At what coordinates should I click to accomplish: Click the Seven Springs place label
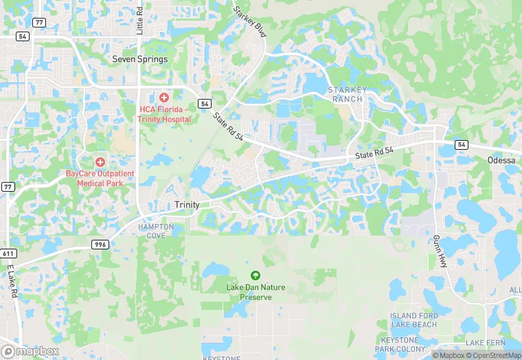click(x=139, y=60)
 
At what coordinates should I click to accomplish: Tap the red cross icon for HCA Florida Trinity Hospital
click(x=163, y=98)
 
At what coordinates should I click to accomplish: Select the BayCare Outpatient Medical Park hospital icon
click(x=100, y=162)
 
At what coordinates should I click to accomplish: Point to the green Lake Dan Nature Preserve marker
click(x=256, y=275)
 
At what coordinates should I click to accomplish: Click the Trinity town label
click(x=187, y=205)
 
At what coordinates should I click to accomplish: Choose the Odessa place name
click(x=501, y=160)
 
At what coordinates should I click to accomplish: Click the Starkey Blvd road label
click(x=250, y=22)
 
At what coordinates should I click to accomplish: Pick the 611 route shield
click(x=6, y=254)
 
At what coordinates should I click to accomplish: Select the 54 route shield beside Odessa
click(x=462, y=145)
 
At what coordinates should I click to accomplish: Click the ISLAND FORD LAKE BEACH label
click(x=413, y=319)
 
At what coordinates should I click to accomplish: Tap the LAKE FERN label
click(x=486, y=342)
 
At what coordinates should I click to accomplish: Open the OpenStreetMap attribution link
click(x=490, y=355)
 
